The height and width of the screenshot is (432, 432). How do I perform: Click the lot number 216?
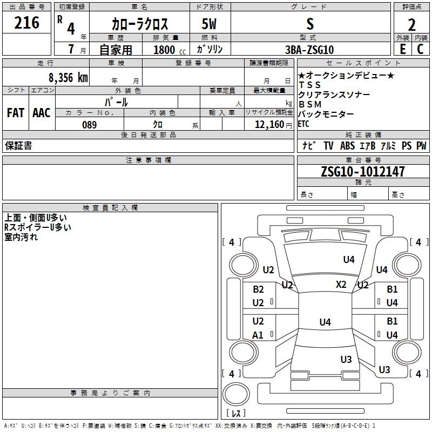[26, 23]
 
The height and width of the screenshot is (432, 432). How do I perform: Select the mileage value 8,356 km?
[69, 77]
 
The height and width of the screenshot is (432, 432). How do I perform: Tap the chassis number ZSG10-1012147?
[363, 171]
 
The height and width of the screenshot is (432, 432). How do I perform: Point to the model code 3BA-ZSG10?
[309, 50]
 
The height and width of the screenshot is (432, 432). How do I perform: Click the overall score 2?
[411, 25]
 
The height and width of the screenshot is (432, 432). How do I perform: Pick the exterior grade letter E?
[403, 49]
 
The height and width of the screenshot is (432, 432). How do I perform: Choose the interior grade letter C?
[420, 49]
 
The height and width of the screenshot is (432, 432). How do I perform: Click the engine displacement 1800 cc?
[170, 50]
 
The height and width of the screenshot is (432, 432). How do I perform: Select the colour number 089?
[90, 125]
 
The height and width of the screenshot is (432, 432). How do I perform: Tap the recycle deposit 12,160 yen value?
[273, 125]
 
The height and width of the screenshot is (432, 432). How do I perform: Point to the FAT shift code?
[16, 113]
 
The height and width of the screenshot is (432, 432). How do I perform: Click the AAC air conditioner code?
[42, 113]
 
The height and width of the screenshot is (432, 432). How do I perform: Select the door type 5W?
[209, 24]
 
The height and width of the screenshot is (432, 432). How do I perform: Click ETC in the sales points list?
[303, 124]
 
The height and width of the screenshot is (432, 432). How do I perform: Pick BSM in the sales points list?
[310, 104]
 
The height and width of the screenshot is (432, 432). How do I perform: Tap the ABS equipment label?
[347, 146]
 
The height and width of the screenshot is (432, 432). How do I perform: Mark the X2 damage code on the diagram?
[341, 285]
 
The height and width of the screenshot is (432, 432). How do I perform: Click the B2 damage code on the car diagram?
[258, 289]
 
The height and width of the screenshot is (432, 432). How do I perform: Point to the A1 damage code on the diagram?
[258, 335]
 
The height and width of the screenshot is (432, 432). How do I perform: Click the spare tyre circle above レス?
[236, 394]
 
